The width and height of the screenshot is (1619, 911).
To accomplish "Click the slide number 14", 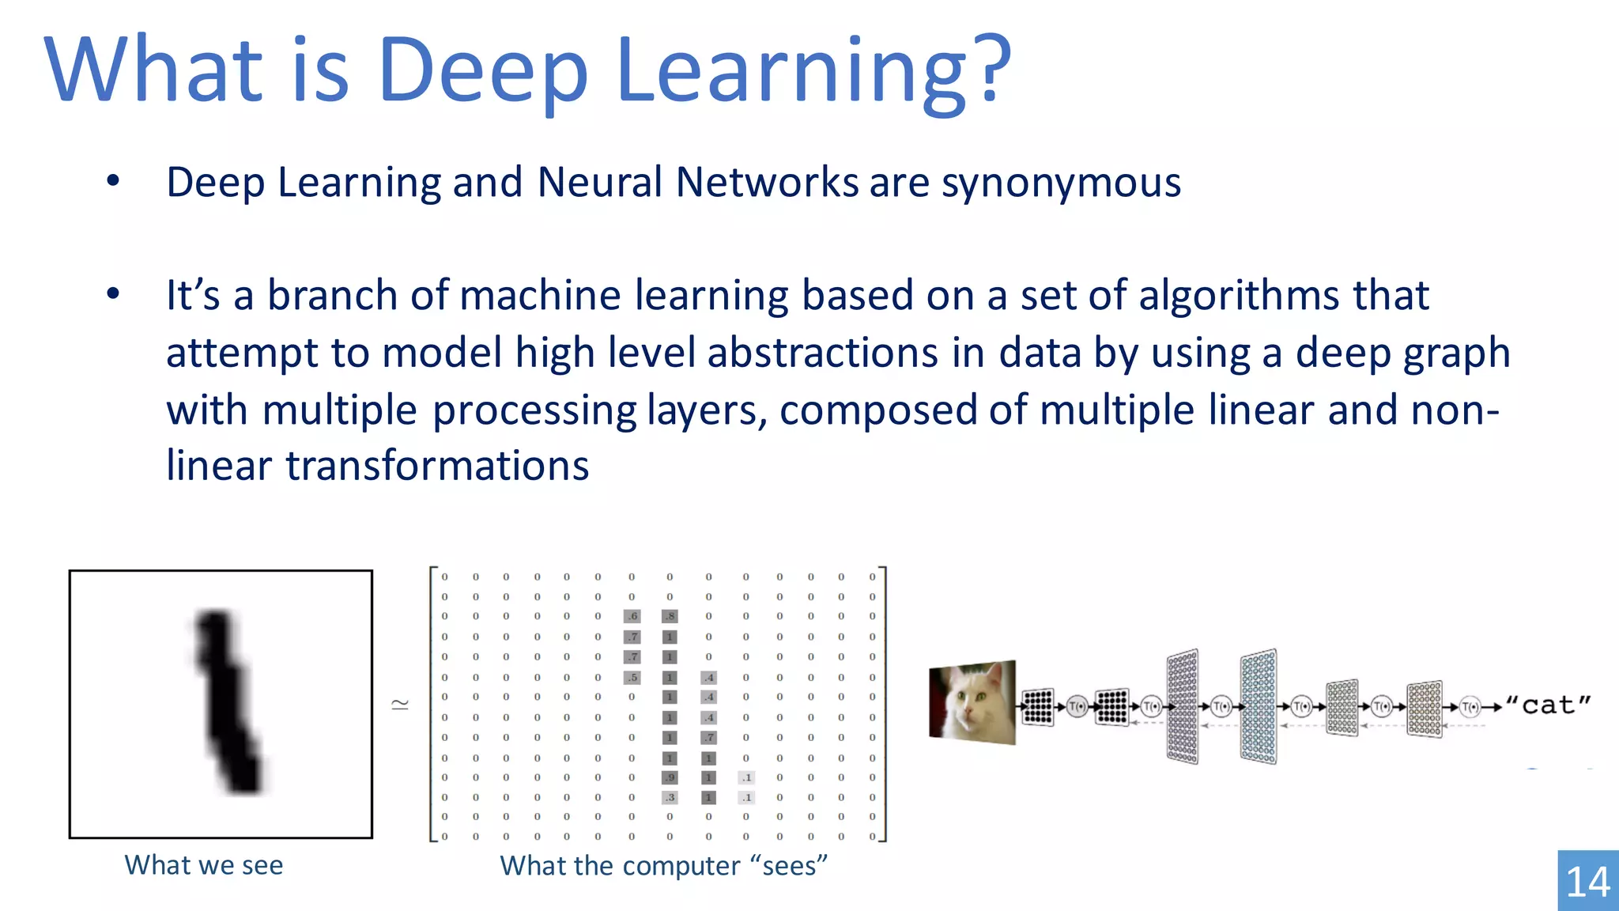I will click(x=1587, y=882).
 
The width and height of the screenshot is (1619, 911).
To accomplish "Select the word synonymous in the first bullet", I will click(x=1061, y=183).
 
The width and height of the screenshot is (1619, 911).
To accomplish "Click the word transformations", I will click(x=437, y=465).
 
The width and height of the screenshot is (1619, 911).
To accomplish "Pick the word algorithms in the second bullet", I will click(x=1239, y=296).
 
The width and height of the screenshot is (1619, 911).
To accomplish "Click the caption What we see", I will click(x=203, y=865).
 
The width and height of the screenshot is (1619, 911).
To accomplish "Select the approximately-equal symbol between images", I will click(x=401, y=705).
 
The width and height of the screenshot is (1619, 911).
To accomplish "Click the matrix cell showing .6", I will click(x=632, y=616).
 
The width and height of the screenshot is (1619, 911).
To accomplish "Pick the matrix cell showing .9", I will click(x=670, y=777).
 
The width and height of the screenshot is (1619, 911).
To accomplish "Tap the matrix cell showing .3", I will click(x=670, y=797).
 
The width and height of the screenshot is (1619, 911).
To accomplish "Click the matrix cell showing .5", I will click(x=632, y=677).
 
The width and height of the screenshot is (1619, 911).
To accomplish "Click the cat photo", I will click(x=972, y=702).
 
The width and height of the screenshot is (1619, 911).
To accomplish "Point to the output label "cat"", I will click(x=1547, y=705).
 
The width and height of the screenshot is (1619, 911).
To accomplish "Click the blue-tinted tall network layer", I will click(x=1258, y=706).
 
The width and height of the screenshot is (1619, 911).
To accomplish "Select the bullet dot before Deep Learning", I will click(x=113, y=182).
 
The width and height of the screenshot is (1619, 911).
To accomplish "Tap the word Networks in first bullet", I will click(x=767, y=183).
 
